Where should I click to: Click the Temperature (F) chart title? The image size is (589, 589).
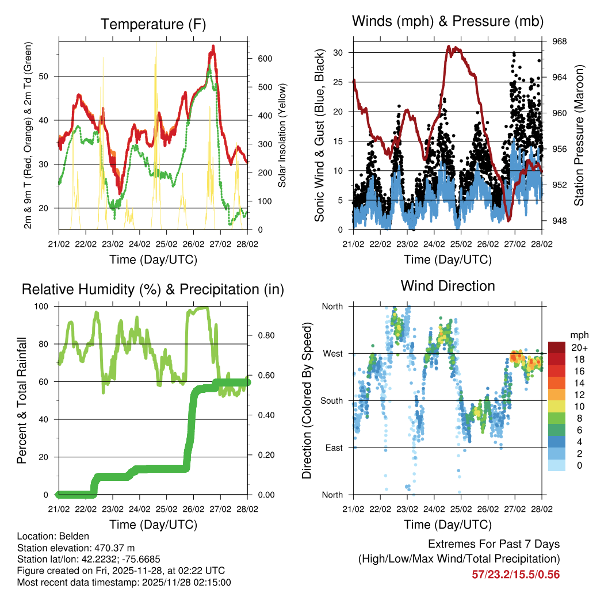[x=153, y=25]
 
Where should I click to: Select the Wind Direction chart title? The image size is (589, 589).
[x=448, y=286]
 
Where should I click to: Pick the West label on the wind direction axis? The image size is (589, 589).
[x=332, y=353]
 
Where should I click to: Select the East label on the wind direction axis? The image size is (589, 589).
[x=332, y=448]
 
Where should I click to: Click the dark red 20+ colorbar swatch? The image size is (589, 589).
[x=557, y=348]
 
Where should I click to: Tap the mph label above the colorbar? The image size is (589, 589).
[x=578, y=335]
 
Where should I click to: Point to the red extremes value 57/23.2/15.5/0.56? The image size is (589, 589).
[x=516, y=574]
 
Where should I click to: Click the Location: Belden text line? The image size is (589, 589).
[x=50, y=536]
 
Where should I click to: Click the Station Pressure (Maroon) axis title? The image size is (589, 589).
[x=579, y=135]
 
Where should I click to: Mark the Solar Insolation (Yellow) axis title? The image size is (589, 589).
[x=282, y=135]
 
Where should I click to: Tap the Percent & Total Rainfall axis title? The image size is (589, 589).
[x=21, y=401]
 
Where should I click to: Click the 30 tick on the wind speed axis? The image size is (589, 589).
[x=338, y=53]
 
